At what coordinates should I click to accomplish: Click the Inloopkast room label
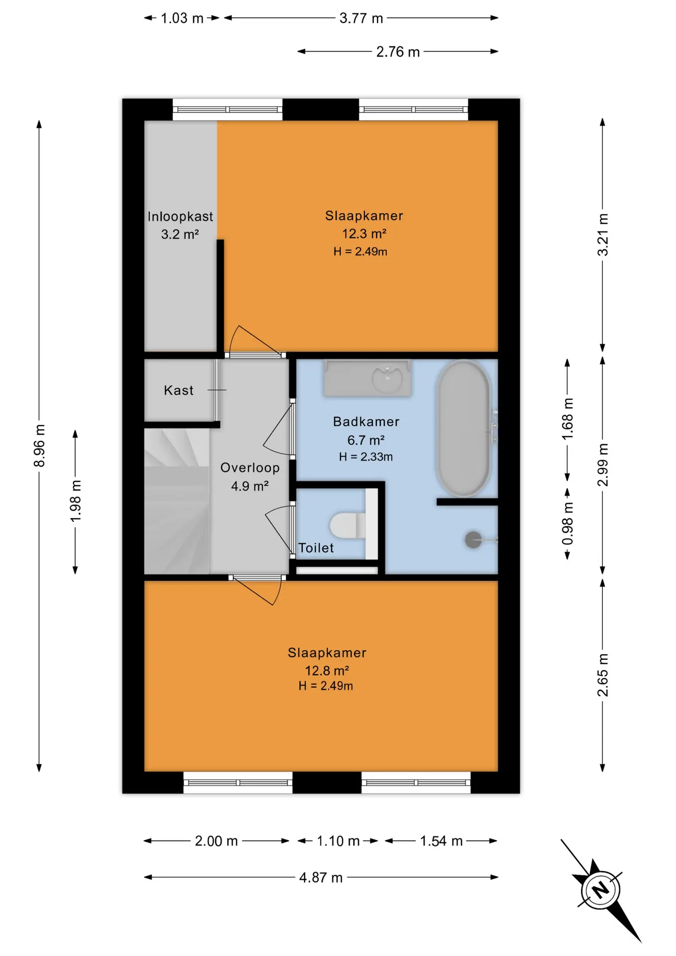click(x=180, y=217)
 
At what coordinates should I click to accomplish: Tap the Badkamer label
click(x=366, y=422)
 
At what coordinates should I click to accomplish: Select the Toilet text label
click(x=316, y=548)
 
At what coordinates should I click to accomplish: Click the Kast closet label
click(x=179, y=390)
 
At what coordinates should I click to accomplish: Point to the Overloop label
click(x=250, y=468)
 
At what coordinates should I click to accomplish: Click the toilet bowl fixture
click(x=347, y=526)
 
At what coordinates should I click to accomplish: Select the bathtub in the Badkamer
click(x=463, y=429)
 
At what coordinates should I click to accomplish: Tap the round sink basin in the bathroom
click(x=387, y=379)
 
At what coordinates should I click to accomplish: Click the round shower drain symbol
click(x=473, y=540)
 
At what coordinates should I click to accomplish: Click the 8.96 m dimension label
click(x=39, y=446)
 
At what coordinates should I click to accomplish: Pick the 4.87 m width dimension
click(x=321, y=877)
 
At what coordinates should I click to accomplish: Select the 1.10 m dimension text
click(x=338, y=841)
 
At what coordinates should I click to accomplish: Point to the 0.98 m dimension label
click(x=567, y=524)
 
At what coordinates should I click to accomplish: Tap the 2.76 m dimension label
click(x=398, y=52)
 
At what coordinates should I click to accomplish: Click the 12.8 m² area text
click(x=327, y=670)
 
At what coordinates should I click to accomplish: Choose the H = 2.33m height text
click(x=366, y=457)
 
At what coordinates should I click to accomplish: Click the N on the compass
click(x=601, y=889)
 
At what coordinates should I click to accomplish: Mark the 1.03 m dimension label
click(x=182, y=18)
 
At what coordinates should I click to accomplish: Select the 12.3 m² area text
click(x=364, y=234)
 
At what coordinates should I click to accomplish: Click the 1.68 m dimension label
click(x=567, y=419)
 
